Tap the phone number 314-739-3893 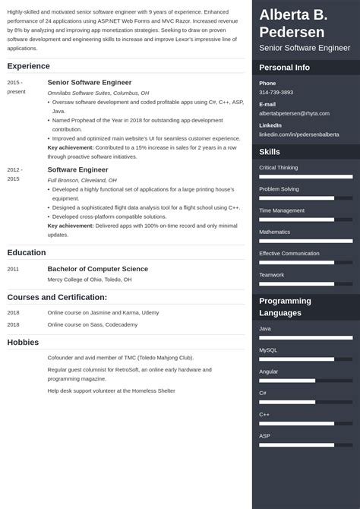[276, 92]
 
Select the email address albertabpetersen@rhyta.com [294, 113]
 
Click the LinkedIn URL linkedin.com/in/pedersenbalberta [299, 134]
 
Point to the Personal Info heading [284, 68]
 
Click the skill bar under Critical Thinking [305, 176]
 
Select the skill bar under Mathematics [305, 241]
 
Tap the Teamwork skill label [271, 274]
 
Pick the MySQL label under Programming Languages [269, 349]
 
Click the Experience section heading [28, 66]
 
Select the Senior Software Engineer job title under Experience [89, 82]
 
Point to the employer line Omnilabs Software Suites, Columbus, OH [98, 93]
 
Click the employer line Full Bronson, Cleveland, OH [82, 180]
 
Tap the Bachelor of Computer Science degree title [97, 269]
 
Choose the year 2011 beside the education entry [14, 269]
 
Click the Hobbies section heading [24, 342]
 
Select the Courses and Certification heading [57, 297]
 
